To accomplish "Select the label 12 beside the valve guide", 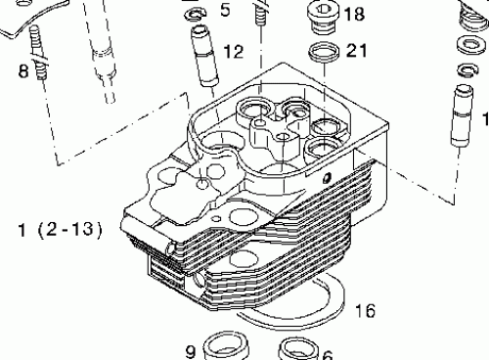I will [234, 51].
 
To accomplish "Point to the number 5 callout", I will [225, 11].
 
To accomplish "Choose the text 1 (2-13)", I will [60, 230].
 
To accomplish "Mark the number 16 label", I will [364, 311].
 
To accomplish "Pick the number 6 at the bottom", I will [328, 354].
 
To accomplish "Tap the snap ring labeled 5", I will [196, 13].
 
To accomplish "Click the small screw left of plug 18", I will [260, 14].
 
